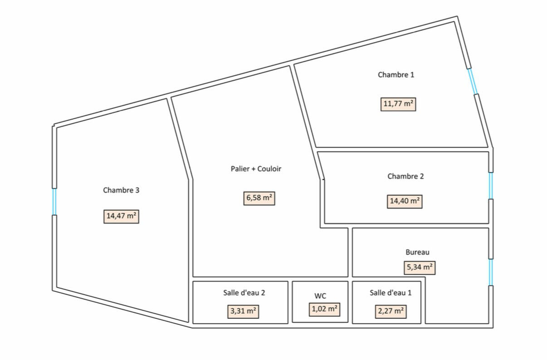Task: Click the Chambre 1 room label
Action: (396, 75)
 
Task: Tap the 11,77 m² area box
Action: (398, 104)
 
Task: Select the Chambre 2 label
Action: (405, 176)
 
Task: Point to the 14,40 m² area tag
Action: (405, 201)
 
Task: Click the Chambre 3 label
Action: (121, 190)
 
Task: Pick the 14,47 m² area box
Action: (121, 216)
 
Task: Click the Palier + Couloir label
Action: (256, 169)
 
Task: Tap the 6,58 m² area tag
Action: (259, 198)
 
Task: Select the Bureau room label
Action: (417, 252)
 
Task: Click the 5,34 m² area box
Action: (420, 268)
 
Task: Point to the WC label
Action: (320, 296)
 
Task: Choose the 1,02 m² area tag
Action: (325, 310)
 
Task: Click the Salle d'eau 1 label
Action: (391, 292)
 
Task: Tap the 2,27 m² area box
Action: (391, 311)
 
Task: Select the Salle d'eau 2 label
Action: (244, 292)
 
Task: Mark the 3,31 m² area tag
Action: (243, 311)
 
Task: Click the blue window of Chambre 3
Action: (54, 202)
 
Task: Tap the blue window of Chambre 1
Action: (473, 81)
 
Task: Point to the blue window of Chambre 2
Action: (491, 186)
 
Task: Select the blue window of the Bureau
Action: (491, 272)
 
